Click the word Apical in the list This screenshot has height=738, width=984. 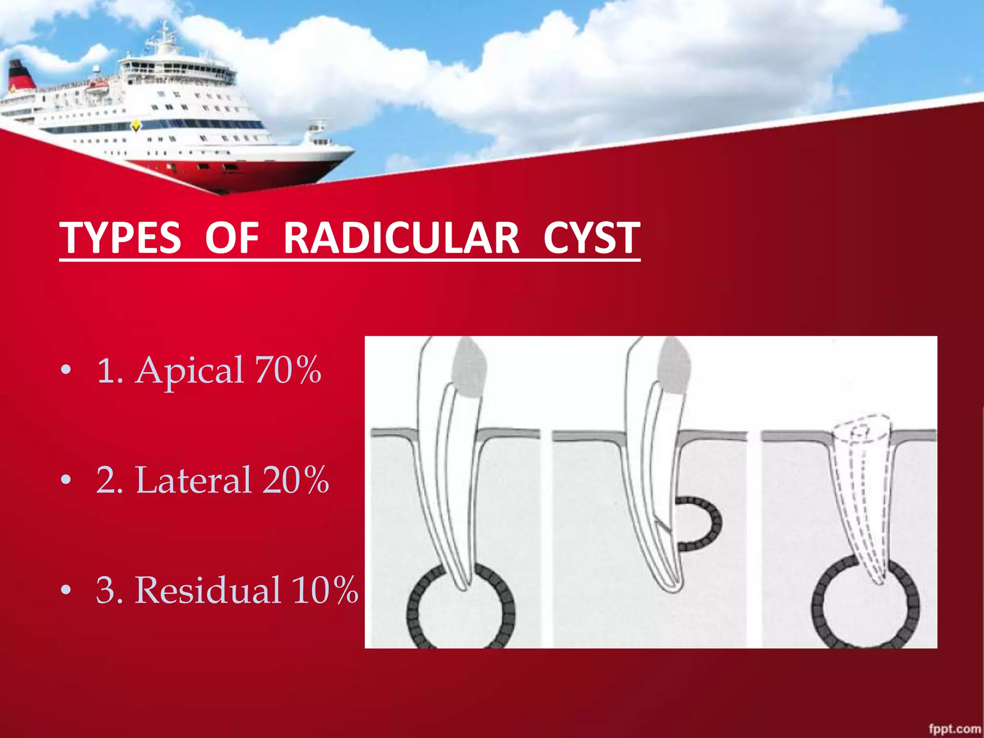(x=189, y=370)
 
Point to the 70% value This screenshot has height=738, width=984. (x=288, y=370)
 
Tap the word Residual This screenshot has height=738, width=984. (x=208, y=590)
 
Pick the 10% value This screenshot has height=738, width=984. (x=325, y=590)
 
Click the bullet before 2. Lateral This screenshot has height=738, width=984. (x=66, y=480)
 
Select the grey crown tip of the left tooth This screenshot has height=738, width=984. (x=468, y=368)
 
